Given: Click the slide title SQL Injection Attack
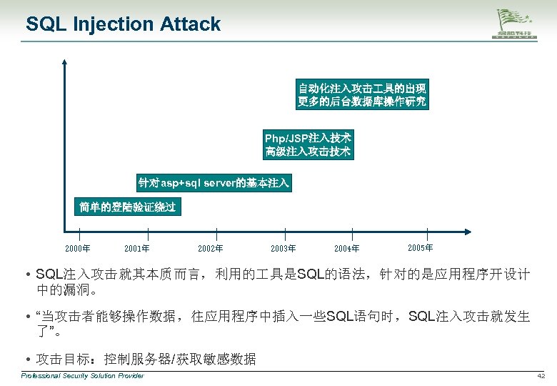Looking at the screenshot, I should [x=123, y=24].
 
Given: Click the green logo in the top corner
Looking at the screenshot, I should [x=518, y=26].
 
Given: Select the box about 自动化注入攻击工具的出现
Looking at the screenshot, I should [x=362, y=95].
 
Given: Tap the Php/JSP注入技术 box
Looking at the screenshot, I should [x=308, y=144].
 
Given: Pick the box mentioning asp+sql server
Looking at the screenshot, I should [x=214, y=183].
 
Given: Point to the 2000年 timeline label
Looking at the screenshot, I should [x=77, y=249].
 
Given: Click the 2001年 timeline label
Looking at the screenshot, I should [x=136, y=249].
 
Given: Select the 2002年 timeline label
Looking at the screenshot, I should [x=210, y=249].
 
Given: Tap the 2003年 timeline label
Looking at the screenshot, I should [x=283, y=249].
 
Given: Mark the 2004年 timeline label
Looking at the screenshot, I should [x=346, y=249].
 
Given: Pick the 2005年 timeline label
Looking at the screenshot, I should [x=420, y=247].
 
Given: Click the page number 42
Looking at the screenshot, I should [x=541, y=376].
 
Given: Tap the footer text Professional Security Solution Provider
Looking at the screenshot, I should [x=82, y=376].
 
